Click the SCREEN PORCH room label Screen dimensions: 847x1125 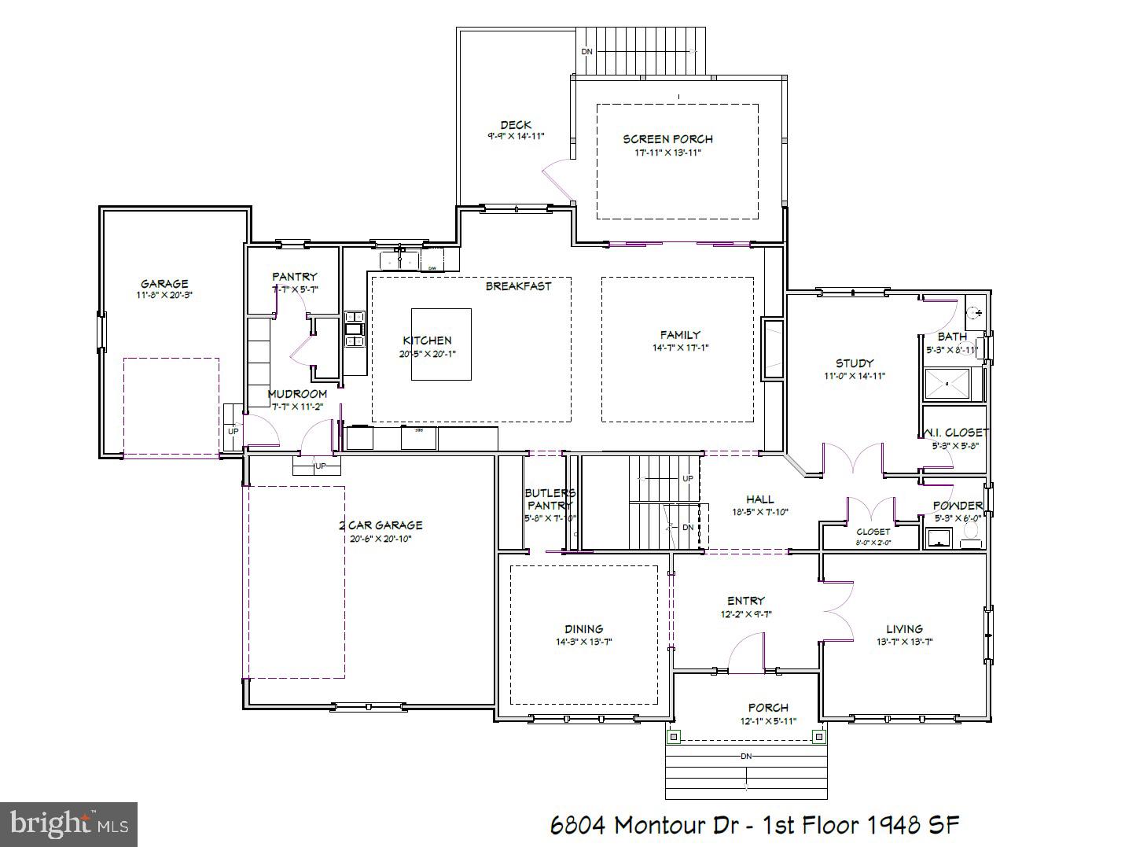667,139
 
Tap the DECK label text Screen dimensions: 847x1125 516,125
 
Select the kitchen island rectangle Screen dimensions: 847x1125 441,344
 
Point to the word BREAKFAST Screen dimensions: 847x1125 518,286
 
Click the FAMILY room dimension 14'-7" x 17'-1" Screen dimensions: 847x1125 680,348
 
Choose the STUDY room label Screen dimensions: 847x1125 854,363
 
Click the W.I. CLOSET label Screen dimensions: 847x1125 954,433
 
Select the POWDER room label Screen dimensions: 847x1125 957,506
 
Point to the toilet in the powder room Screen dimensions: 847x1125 972,538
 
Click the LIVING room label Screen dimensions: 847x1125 904,629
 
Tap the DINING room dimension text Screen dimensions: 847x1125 583,642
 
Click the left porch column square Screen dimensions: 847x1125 674,737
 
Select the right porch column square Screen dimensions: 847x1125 818,737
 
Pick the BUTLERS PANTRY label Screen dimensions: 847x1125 550,499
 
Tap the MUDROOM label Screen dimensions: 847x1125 297,394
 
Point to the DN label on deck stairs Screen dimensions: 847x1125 586,52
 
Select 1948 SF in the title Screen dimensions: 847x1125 914,825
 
